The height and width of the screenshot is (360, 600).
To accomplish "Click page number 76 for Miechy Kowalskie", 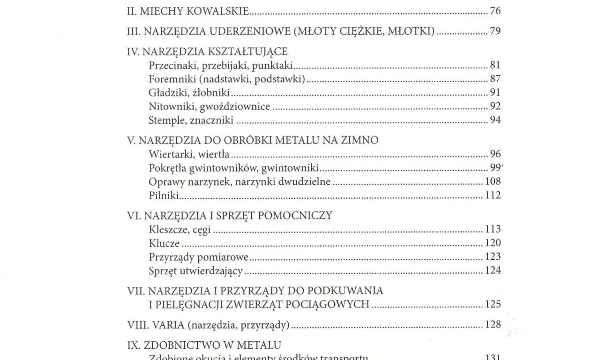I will [x=495, y=11].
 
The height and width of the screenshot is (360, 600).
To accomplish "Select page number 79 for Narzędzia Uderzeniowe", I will [x=495, y=31].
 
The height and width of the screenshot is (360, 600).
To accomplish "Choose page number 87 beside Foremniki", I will [x=495, y=79].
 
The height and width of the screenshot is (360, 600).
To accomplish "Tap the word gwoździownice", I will [x=235, y=106].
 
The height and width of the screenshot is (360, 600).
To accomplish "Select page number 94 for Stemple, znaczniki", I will [x=495, y=120].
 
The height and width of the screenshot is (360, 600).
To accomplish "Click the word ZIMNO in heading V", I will [x=360, y=141].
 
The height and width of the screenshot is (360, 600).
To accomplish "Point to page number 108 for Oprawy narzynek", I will [x=493, y=181].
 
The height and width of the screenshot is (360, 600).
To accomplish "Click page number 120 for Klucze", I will [x=493, y=243].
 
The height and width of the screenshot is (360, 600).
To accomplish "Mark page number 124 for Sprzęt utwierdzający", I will [x=493, y=270].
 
